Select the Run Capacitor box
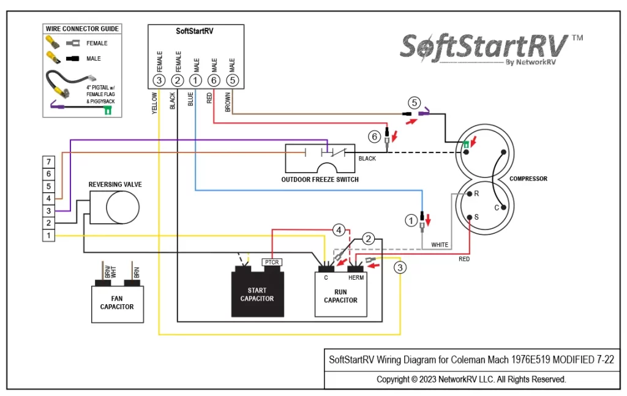pyautogui.click(x=340, y=294)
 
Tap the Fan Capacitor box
pyautogui.click(x=117, y=304)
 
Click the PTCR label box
pyautogui.click(x=271, y=262)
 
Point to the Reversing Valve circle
pyautogui.click(x=122, y=207)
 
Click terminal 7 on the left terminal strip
pyautogui.click(x=49, y=162)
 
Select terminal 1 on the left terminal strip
pyautogui.click(x=49, y=236)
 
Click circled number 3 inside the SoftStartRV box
pyautogui.click(x=159, y=80)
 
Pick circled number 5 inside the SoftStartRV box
pyautogui.click(x=232, y=80)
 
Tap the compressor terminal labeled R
pyautogui.click(x=470, y=194)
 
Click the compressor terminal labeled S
pyautogui.click(x=470, y=217)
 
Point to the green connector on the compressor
pyautogui.click(x=466, y=144)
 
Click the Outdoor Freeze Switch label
pyautogui.click(x=320, y=179)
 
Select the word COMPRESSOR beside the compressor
pyautogui.click(x=528, y=179)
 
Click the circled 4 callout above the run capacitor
pyautogui.click(x=339, y=230)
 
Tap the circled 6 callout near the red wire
pyautogui.click(x=374, y=136)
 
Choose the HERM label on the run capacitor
pyautogui.click(x=356, y=278)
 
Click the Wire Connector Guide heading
pyautogui.click(x=82, y=29)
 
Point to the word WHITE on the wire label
pyautogui.click(x=440, y=245)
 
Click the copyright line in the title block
pyautogui.click(x=471, y=379)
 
